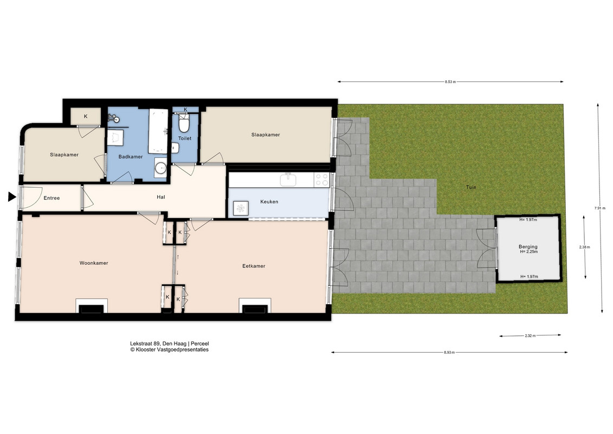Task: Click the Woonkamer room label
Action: point(93,263)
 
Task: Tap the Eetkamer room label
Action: point(254,266)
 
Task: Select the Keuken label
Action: point(269,202)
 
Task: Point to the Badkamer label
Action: point(131,157)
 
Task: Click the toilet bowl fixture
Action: point(184,123)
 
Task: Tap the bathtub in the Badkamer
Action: point(158,131)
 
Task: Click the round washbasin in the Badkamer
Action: point(160,168)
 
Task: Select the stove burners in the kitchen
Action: point(322,180)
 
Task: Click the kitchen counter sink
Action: point(288,180)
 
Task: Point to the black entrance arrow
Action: point(12,197)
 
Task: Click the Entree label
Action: point(51,199)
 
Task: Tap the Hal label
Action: point(160,197)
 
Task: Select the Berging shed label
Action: point(528,247)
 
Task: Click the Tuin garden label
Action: point(471,188)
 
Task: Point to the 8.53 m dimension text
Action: point(450,82)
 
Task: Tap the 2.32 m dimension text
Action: point(531,336)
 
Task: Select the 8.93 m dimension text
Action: point(449,353)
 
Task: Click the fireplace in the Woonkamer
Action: point(92,306)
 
